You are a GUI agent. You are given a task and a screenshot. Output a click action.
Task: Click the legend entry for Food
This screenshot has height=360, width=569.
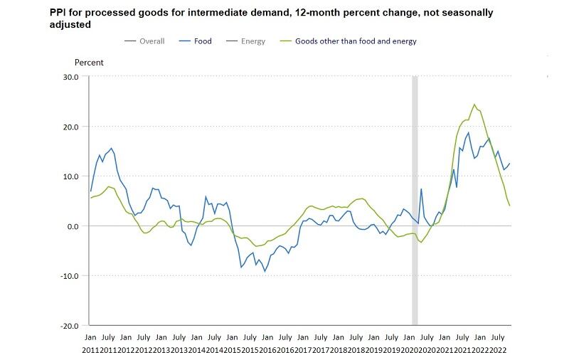click(x=203, y=41)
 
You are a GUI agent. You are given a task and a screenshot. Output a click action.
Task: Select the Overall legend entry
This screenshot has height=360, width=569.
click(x=151, y=41)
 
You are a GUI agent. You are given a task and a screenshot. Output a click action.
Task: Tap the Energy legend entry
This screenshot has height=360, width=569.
click(x=252, y=41)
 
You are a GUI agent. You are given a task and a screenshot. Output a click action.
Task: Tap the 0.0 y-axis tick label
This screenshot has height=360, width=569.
click(x=71, y=226)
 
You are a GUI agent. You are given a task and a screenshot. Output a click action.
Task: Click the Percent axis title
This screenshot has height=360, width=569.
click(x=89, y=63)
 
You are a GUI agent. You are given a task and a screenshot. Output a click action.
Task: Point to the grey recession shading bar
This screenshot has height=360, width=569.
click(x=415, y=199)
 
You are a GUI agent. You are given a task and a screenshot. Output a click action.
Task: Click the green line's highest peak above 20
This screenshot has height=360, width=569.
click(x=474, y=105)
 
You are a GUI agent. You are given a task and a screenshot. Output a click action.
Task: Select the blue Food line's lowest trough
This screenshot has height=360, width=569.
click(x=265, y=271)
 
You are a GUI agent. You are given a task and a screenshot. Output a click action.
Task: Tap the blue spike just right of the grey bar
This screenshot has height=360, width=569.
click(x=421, y=189)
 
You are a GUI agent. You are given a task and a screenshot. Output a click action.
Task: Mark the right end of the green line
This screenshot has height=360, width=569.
click(x=510, y=206)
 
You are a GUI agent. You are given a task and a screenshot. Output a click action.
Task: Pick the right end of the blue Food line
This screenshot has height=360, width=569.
click(x=510, y=164)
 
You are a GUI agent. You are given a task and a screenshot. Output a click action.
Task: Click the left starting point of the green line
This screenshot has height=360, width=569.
click(x=90, y=198)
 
